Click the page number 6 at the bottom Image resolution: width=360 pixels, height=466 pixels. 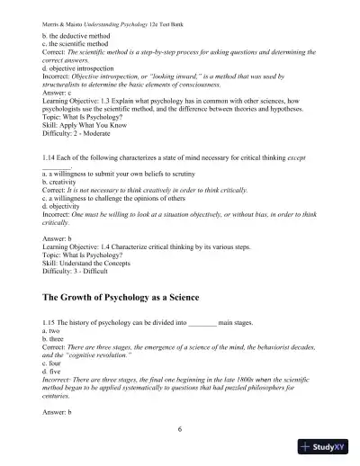180,429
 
